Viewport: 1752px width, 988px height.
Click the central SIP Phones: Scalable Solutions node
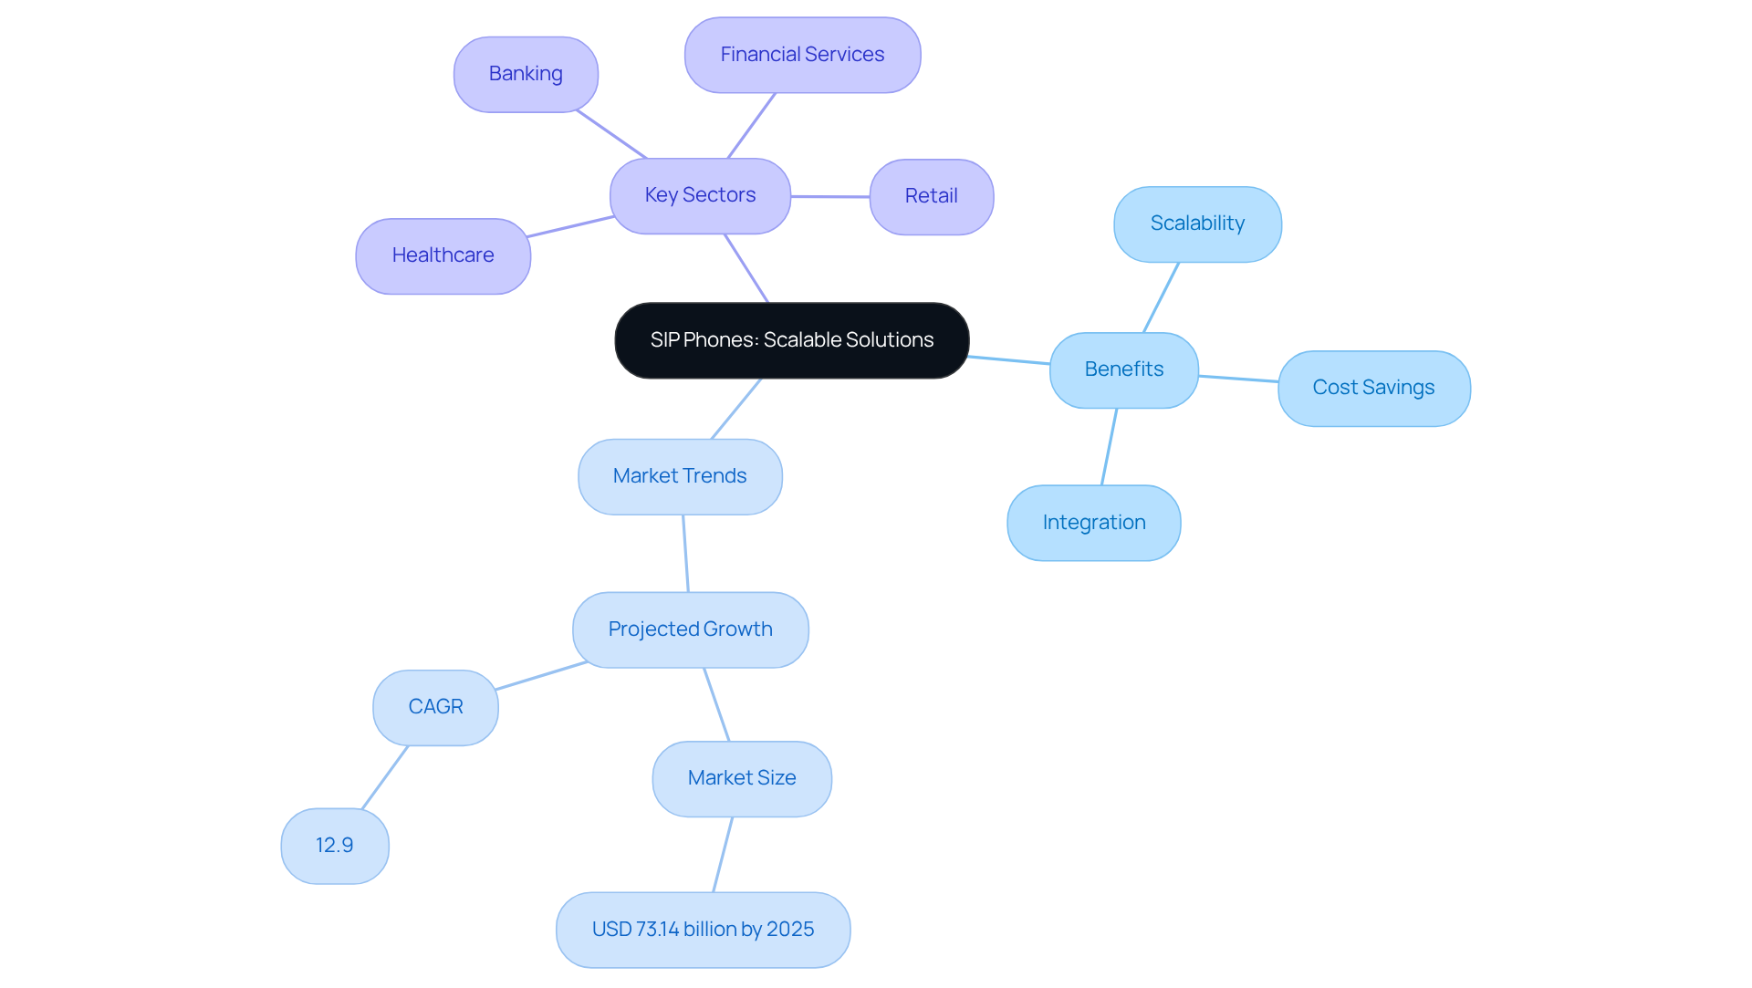[x=791, y=340]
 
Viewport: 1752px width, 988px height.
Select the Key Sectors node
[x=700, y=195]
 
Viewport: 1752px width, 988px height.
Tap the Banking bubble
[x=526, y=74]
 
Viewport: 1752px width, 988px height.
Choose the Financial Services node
[x=802, y=55]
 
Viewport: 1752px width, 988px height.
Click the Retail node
[x=931, y=196]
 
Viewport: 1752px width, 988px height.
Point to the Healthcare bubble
[x=443, y=255]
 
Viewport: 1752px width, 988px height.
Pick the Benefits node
[x=1123, y=369]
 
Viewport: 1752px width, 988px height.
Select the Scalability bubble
[x=1197, y=224]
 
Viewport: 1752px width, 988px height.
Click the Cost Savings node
[x=1373, y=388]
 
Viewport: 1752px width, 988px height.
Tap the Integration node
[x=1093, y=523]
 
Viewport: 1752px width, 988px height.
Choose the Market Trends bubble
[x=680, y=476]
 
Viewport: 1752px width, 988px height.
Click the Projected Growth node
[x=690, y=629]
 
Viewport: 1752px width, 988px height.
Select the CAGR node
[x=435, y=707]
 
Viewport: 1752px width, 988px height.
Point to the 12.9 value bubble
[x=335, y=846]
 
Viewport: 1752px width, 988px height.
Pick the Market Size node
[x=742, y=778]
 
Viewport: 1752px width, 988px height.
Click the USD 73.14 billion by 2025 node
[x=703, y=930]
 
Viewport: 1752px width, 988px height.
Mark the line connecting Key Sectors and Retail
[x=830, y=196]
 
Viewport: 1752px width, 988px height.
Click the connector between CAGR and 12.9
[x=385, y=777]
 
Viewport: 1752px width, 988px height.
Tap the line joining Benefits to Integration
[x=1109, y=447]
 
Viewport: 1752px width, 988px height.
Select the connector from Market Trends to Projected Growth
[x=685, y=554]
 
